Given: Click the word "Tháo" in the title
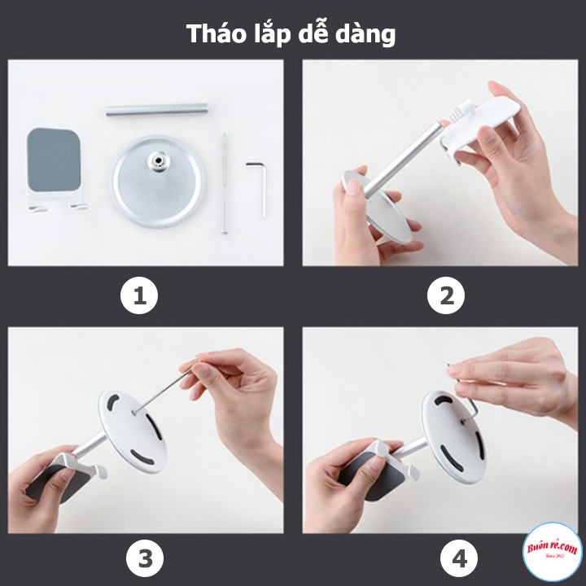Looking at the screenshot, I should (x=213, y=33).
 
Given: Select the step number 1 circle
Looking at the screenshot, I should (x=139, y=297).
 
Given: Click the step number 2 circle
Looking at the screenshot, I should (x=446, y=297).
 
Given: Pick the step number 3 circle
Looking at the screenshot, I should (x=145, y=559).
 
